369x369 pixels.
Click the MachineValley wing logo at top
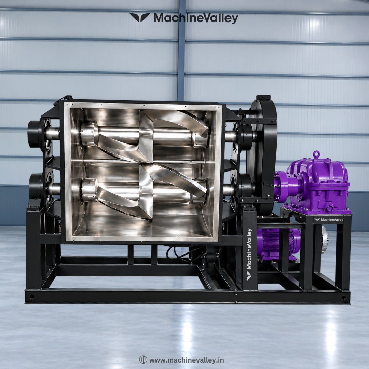click(x=140, y=17)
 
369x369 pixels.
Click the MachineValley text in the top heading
click(x=196, y=18)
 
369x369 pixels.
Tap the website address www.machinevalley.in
click(x=187, y=360)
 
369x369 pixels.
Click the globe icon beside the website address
click(x=143, y=359)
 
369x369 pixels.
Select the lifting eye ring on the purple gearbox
click(x=317, y=154)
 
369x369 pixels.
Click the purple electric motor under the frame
click(x=278, y=244)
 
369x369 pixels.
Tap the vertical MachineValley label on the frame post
click(x=249, y=255)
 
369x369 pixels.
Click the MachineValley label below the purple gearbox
click(x=329, y=220)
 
